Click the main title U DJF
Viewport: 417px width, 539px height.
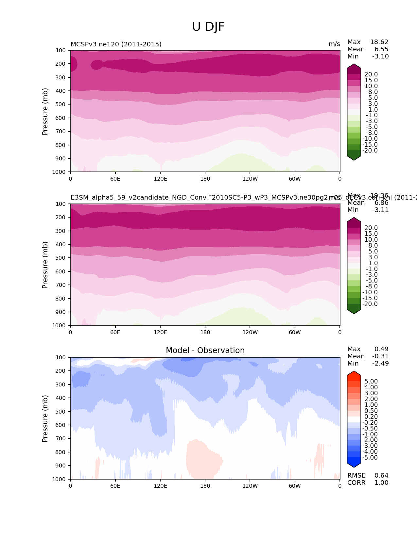pos(208,27)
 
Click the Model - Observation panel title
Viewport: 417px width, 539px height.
pos(205,351)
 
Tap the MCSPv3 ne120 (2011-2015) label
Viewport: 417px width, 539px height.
pos(116,44)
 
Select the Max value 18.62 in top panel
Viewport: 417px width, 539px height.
pos(379,42)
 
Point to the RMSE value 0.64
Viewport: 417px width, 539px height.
pos(381,476)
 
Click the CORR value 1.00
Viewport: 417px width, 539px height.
pos(381,483)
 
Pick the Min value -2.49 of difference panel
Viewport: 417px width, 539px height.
pos(380,364)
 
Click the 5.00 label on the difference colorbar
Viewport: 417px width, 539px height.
pos(371,382)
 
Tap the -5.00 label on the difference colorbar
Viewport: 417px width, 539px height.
pos(370,458)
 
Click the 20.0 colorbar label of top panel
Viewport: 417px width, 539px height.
pos(371,74)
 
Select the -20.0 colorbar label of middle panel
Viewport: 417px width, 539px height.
pos(370,304)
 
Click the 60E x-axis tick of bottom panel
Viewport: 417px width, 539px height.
pos(115,486)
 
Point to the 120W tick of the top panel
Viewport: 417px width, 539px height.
pos(250,179)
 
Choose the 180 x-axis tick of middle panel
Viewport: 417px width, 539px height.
pos(205,332)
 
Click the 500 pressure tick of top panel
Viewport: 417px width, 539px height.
pos(61,105)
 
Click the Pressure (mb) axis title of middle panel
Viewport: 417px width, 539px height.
pos(45,265)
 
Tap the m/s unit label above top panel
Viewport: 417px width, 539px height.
pos(334,44)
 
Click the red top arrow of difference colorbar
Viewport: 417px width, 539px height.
pos(354,376)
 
